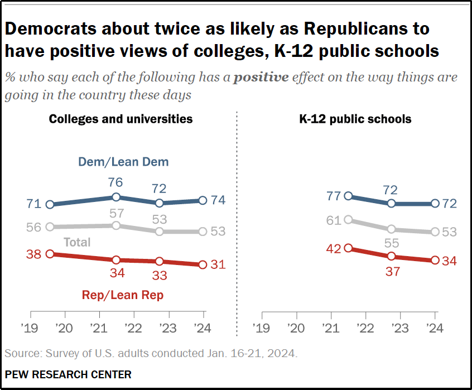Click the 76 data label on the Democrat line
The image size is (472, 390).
point(115,183)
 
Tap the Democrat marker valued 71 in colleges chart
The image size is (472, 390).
point(50,204)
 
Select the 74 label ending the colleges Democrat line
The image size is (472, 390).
point(218,200)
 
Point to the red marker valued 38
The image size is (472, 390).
point(50,254)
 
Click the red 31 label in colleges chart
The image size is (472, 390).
point(218,264)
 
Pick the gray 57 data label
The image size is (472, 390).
point(115,213)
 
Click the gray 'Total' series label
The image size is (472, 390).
point(78,242)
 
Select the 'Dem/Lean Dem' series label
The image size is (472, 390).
point(123,162)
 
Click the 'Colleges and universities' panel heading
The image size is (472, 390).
point(121,119)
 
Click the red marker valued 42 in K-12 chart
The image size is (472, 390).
point(349,248)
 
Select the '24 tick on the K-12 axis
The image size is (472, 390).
point(435,328)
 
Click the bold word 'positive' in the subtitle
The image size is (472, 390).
point(261,77)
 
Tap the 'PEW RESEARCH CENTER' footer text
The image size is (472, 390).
point(68,374)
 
